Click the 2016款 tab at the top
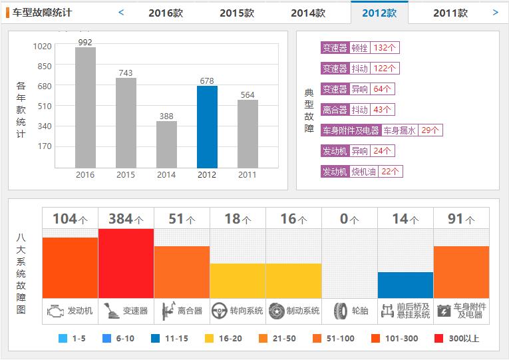click(166, 13)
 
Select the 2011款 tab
click(450, 13)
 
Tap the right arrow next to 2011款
click(495, 12)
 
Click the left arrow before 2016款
click(121, 12)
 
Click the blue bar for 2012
click(207, 126)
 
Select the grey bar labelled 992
click(85, 107)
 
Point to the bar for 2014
click(166, 144)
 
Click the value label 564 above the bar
click(248, 95)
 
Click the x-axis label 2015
click(126, 175)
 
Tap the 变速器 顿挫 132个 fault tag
click(359, 48)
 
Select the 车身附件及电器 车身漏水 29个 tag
click(381, 130)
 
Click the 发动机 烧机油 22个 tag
click(361, 172)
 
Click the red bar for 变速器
click(126, 263)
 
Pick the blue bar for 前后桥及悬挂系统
click(405, 285)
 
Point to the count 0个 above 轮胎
click(349, 219)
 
